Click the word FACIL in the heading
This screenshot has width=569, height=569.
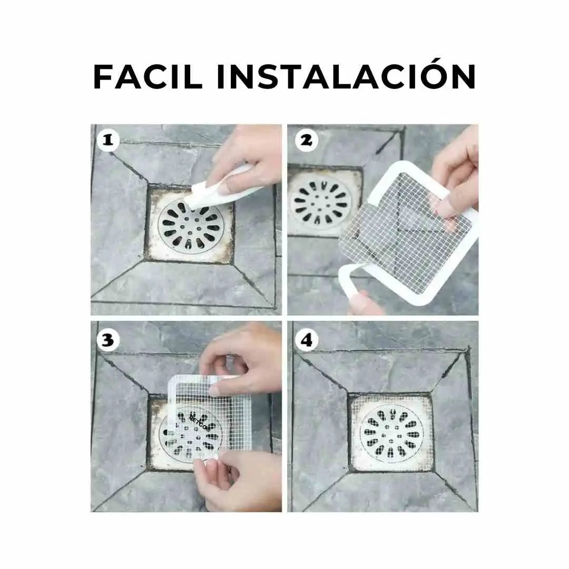point(148,77)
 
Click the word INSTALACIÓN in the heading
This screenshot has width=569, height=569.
point(346,77)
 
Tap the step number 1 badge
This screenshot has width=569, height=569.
point(107,140)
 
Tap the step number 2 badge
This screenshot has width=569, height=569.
point(305,140)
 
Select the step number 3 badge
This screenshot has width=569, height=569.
point(107,340)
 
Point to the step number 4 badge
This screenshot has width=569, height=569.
point(305,340)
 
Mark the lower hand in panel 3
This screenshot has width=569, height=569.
point(237,479)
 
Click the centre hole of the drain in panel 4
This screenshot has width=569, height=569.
point(391,434)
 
